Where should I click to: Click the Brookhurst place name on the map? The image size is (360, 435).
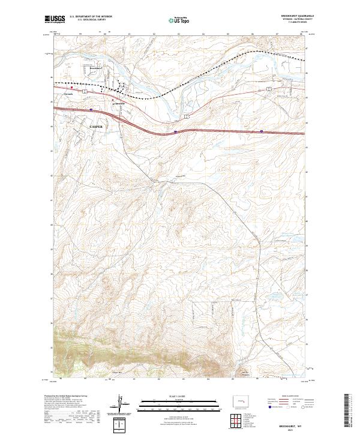96,68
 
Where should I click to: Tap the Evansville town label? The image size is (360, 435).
119,103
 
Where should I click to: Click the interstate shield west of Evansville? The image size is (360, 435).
90,110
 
